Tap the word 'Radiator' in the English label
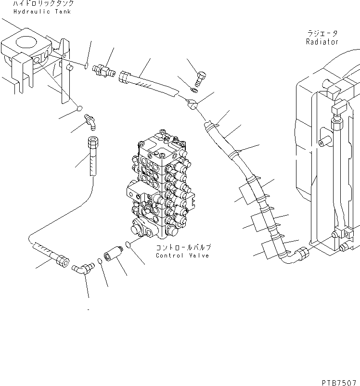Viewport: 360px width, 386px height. click(x=322, y=42)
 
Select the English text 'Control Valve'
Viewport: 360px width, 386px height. click(x=182, y=256)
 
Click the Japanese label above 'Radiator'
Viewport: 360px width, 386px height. click(x=322, y=34)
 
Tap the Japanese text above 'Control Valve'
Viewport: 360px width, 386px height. click(x=183, y=247)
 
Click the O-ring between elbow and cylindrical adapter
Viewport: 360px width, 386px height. click(x=99, y=261)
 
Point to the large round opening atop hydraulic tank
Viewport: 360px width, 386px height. click(x=24, y=43)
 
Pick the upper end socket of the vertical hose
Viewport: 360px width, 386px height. click(x=93, y=143)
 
